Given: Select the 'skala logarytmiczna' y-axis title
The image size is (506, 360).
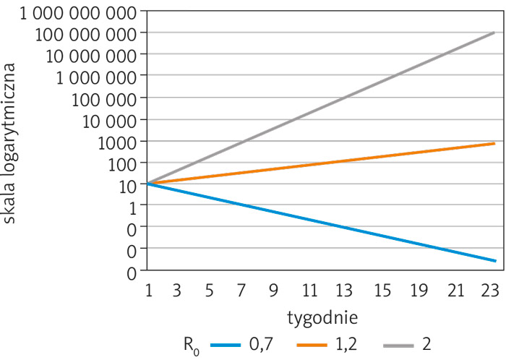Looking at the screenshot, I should pos(12,142).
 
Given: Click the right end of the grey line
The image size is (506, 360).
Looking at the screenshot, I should pos(494,33).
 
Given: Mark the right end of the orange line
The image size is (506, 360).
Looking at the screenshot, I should pos(494,143).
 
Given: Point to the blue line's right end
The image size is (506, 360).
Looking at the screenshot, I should pos(494,260).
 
